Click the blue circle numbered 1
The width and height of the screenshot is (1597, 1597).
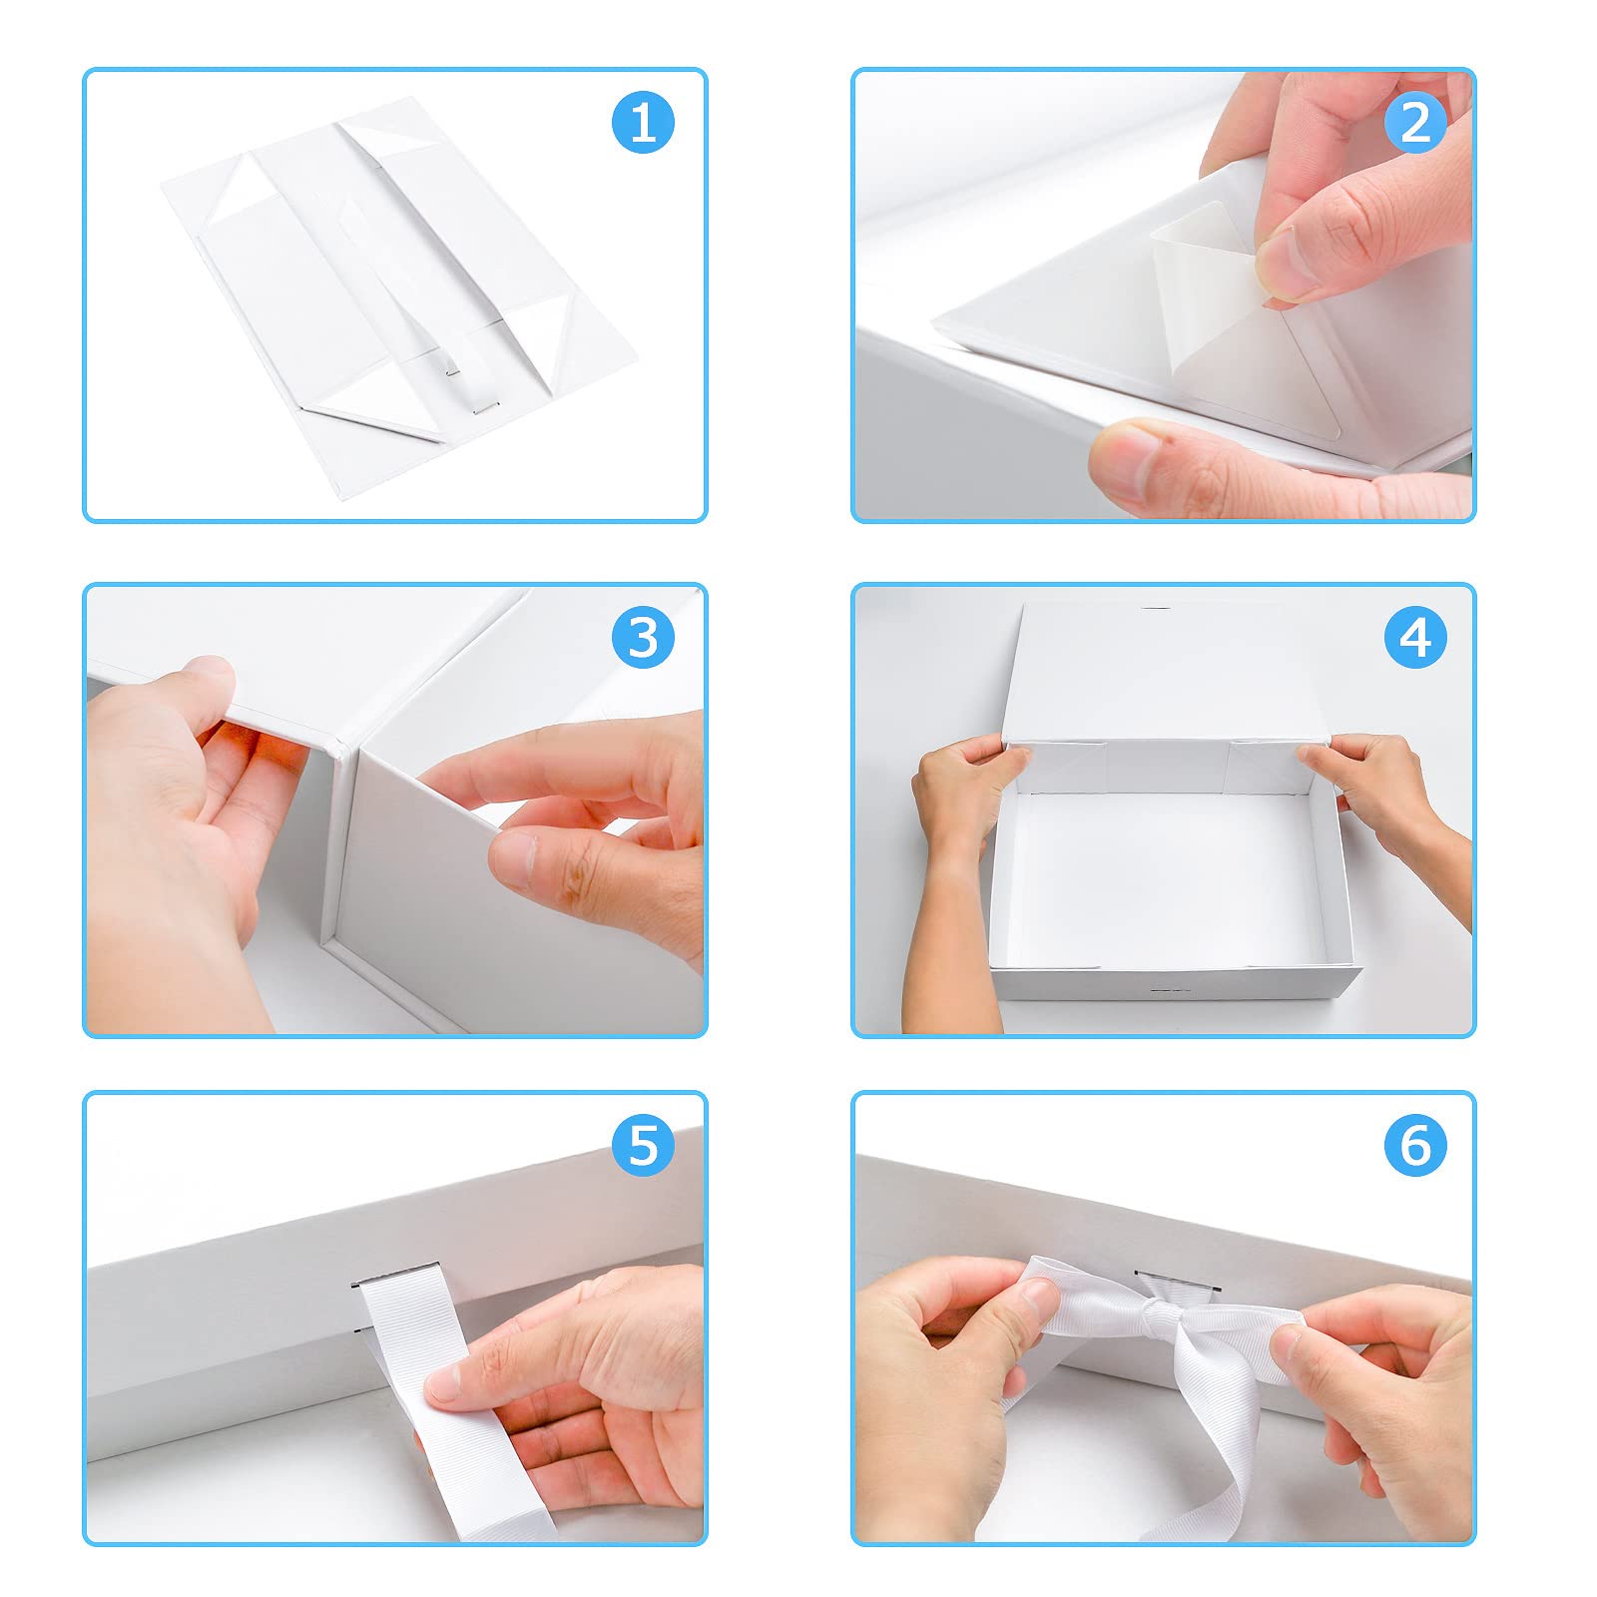(x=644, y=122)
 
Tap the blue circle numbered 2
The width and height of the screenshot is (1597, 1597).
(x=1415, y=122)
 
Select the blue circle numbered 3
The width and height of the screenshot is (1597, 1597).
(x=644, y=637)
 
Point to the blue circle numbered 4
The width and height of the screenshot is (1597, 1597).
(x=1415, y=637)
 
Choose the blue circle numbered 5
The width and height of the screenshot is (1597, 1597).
(x=644, y=1145)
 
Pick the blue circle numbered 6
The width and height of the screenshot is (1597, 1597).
(x=1415, y=1145)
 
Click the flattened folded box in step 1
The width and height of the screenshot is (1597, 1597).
(x=399, y=289)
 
